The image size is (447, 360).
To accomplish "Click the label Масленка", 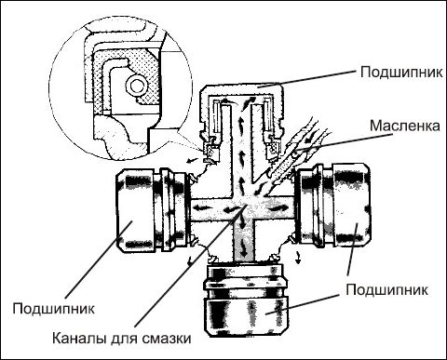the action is pos(404,126).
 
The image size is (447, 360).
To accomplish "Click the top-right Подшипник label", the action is pos(401,73).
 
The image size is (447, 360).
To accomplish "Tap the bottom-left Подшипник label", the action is pos(53,309).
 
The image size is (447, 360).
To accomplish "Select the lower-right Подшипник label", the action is pos(386,290).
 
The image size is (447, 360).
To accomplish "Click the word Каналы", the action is pos(79,339).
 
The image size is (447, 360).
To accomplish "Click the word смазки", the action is pos(167,339).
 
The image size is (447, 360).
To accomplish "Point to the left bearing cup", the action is pos(152,210).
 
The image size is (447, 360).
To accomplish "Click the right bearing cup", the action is pos(332,206).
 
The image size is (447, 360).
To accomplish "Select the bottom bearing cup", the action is pos(246,300).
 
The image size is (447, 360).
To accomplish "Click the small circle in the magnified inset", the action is pos(136,86).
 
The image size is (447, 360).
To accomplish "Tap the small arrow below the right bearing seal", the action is pos(298,258).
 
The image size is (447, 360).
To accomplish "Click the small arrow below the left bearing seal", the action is pos(189,261).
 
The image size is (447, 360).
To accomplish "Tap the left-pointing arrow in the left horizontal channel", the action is pos(229,210).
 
